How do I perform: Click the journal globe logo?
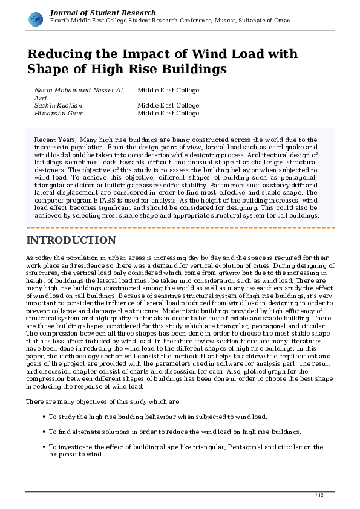coord(36,19)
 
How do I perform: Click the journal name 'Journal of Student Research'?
coord(102,12)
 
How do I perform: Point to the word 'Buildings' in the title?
coord(189,69)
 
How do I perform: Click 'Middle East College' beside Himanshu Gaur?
coord(168,113)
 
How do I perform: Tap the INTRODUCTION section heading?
coord(71,240)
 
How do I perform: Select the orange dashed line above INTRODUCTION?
coord(180,227)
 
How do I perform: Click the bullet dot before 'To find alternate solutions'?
coord(44,432)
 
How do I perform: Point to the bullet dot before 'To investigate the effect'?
coord(44,447)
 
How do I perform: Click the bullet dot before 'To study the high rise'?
coord(44,417)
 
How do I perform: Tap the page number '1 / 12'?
coord(317,496)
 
